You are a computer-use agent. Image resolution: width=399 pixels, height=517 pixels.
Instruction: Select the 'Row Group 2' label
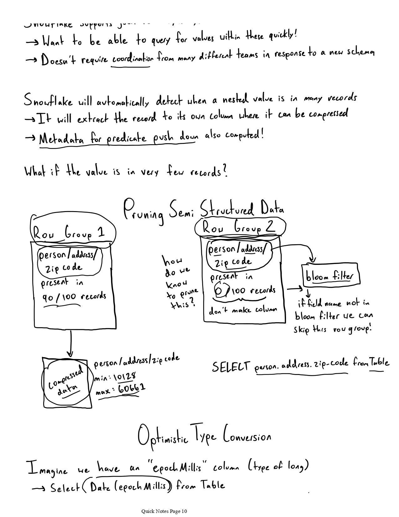coord(239,227)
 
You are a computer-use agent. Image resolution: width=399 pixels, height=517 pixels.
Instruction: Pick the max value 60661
coord(132,389)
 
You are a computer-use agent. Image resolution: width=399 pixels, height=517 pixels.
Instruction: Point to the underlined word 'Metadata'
coord(61,139)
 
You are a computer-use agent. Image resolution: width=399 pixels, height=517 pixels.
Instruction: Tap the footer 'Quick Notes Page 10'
coord(164,511)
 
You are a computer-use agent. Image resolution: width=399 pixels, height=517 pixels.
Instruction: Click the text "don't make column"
coord(243,310)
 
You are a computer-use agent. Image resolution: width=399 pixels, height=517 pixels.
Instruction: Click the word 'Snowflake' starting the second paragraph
coord(48,101)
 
